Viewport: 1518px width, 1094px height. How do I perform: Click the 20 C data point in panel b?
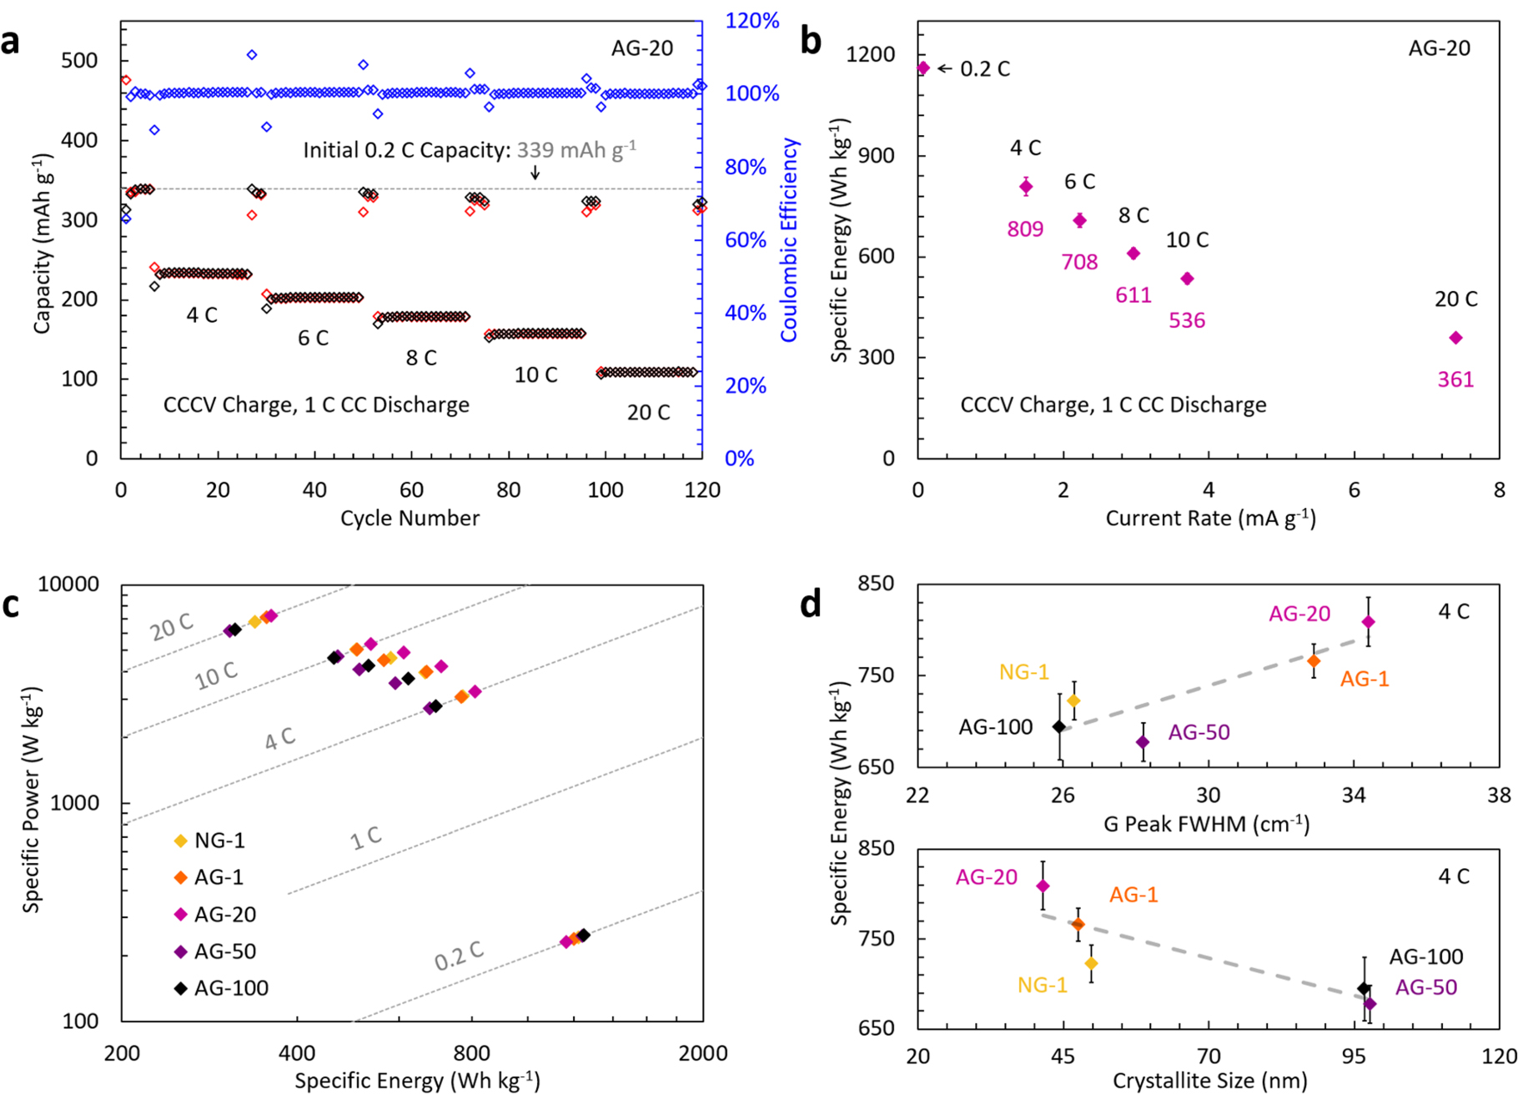pyautogui.click(x=1455, y=338)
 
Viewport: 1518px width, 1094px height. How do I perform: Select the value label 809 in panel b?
pyautogui.click(x=1025, y=228)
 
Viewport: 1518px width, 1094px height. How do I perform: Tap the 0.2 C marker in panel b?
pyautogui.click(x=922, y=68)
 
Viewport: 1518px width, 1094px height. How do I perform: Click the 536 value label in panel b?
pyautogui.click(x=1186, y=320)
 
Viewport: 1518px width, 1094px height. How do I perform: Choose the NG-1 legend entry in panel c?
pyautogui.click(x=219, y=841)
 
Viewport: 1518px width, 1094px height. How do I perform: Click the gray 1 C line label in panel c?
pyautogui.click(x=365, y=837)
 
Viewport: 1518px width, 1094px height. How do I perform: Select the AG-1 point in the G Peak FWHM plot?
pyautogui.click(x=1314, y=661)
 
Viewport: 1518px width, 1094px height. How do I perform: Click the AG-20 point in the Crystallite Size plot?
pyautogui.click(x=1043, y=886)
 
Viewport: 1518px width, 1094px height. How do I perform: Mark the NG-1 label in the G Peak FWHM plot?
pyautogui.click(x=1023, y=672)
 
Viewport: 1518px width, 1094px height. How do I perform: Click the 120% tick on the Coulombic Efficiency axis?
pyautogui.click(x=751, y=20)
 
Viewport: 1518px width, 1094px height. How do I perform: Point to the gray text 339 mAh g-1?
pyautogui.click(x=576, y=150)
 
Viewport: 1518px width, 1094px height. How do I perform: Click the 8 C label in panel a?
pyautogui.click(x=421, y=358)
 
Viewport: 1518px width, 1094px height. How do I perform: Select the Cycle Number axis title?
pyautogui.click(x=410, y=518)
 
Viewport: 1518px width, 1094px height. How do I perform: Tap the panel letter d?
pyautogui.click(x=810, y=604)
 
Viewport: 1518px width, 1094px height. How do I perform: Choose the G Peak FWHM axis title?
pyautogui.click(x=1206, y=825)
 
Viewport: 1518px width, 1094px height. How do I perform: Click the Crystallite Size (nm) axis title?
pyautogui.click(x=1209, y=1081)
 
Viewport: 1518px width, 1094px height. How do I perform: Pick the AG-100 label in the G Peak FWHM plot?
pyautogui.click(x=995, y=727)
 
